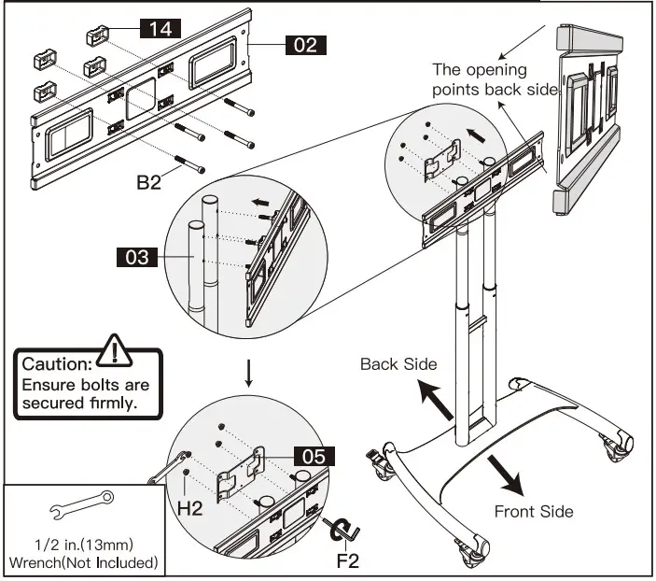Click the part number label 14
tap(160, 29)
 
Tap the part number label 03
tap(137, 256)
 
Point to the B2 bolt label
tap(149, 182)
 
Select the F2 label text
tap(347, 562)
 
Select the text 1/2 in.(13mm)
tap(82, 545)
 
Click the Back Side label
tap(398, 363)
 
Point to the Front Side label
tap(534, 511)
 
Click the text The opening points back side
tap(494, 79)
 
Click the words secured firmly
tap(81, 405)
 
